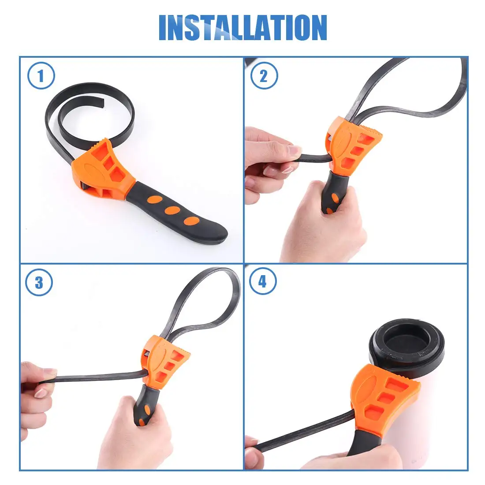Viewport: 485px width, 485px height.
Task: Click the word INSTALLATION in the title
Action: click(x=243, y=27)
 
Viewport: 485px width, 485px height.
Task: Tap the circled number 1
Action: click(x=41, y=75)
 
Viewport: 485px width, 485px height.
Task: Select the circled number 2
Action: click(x=264, y=75)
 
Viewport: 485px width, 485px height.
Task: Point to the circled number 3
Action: click(x=39, y=282)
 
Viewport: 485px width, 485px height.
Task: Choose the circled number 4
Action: click(x=263, y=281)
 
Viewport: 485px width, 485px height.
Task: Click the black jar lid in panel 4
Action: click(x=407, y=345)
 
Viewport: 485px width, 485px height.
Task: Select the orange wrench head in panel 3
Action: click(x=165, y=362)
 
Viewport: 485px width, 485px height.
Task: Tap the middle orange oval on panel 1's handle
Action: click(x=172, y=210)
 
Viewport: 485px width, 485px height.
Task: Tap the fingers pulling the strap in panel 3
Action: click(x=37, y=390)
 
